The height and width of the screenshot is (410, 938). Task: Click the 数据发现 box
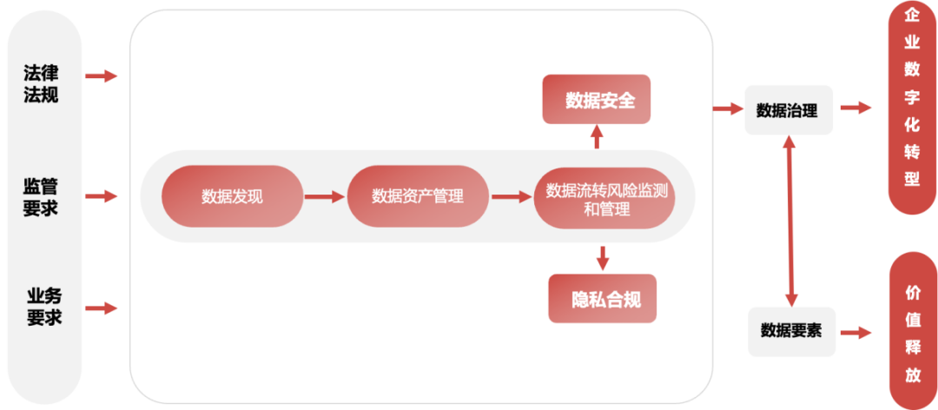click(232, 196)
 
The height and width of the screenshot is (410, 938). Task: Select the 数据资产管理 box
click(418, 196)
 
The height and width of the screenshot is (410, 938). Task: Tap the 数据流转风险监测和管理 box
click(606, 197)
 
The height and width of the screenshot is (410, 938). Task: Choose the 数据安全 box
click(597, 99)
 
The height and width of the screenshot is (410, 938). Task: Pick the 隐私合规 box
click(603, 299)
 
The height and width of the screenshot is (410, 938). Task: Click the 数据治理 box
click(788, 109)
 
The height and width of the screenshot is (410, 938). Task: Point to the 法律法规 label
click(41, 84)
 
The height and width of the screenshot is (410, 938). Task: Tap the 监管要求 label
click(41, 196)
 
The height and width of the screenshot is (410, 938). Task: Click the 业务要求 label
click(43, 307)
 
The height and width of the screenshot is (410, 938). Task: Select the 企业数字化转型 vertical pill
click(911, 109)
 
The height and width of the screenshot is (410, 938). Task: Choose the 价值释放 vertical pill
click(912, 334)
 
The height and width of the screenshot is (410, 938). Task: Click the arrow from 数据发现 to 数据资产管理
click(325, 197)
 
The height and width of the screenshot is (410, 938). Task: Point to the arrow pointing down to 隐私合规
click(602, 257)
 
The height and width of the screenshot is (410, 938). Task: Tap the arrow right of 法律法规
click(101, 76)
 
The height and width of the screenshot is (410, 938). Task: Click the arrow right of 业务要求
click(101, 308)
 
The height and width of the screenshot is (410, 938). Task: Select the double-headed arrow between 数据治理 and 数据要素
click(789, 222)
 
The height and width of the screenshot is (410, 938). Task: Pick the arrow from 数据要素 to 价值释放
click(855, 333)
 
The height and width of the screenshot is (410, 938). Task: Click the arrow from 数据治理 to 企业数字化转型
click(855, 108)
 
